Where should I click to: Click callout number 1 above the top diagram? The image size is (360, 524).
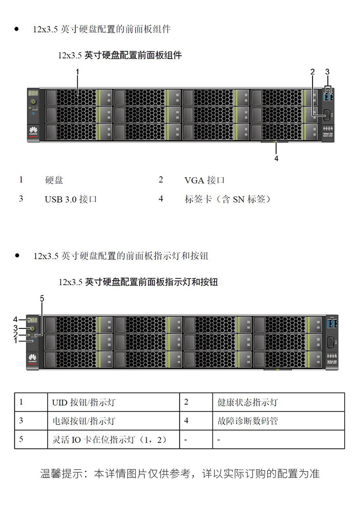(77, 72)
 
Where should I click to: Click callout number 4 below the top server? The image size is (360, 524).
(276, 158)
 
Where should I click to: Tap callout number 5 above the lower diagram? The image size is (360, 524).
(42, 298)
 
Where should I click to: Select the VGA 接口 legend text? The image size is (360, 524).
(204, 181)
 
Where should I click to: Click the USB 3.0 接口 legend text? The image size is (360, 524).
(71, 199)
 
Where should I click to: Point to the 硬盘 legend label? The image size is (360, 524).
(54, 181)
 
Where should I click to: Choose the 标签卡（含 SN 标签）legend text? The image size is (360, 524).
(228, 199)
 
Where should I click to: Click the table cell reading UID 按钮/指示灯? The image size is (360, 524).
(84, 402)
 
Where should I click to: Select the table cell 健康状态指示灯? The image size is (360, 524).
(248, 402)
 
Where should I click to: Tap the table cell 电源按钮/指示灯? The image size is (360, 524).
(84, 421)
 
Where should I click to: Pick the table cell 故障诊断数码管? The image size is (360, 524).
(248, 421)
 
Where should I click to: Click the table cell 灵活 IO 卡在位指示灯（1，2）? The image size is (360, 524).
(109, 440)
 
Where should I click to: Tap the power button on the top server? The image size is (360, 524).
(34, 102)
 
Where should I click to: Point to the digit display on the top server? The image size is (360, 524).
(33, 93)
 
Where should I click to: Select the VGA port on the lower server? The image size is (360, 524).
(331, 342)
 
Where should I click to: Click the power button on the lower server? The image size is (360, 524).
(32, 328)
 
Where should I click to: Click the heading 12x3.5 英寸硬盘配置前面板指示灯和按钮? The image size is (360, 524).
(138, 282)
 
